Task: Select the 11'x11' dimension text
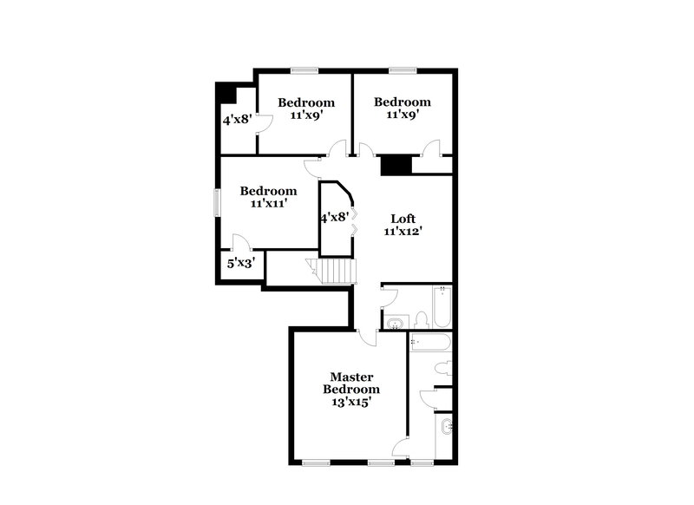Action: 268,203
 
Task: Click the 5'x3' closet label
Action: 241,262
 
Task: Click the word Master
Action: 351,377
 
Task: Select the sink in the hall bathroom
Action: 395,323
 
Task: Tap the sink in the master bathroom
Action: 445,427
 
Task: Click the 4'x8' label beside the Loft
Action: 335,218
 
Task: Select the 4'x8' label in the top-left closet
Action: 236,121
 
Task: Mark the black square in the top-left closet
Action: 226,92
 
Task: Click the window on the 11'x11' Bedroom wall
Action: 217,199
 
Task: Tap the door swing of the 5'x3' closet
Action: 241,243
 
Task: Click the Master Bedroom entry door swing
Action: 368,338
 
